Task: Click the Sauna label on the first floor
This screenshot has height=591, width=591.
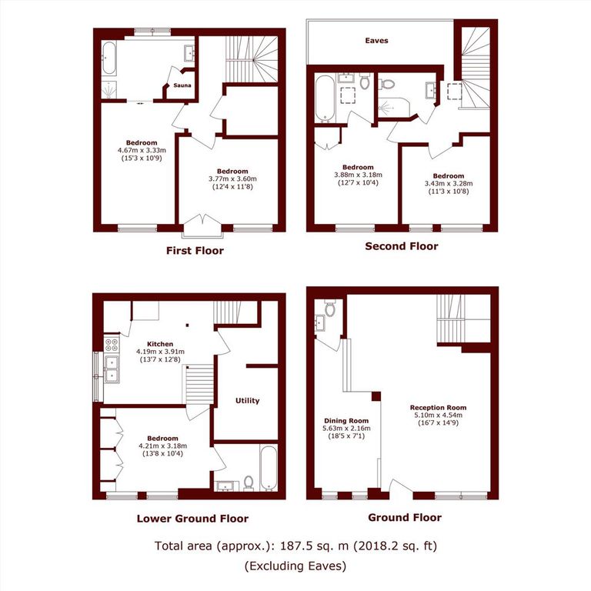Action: point(182,85)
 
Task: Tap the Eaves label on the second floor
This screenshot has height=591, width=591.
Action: point(376,41)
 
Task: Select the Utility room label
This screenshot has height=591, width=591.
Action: point(248,400)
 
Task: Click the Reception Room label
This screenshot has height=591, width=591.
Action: point(438,408)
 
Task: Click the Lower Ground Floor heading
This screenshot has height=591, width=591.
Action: point(192,518)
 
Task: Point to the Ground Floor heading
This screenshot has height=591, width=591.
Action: point(405,517)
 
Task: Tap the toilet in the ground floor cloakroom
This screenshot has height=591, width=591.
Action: point(330,309)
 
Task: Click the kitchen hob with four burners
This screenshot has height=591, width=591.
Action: point(110,345)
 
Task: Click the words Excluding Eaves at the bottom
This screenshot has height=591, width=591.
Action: point(295,566)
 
